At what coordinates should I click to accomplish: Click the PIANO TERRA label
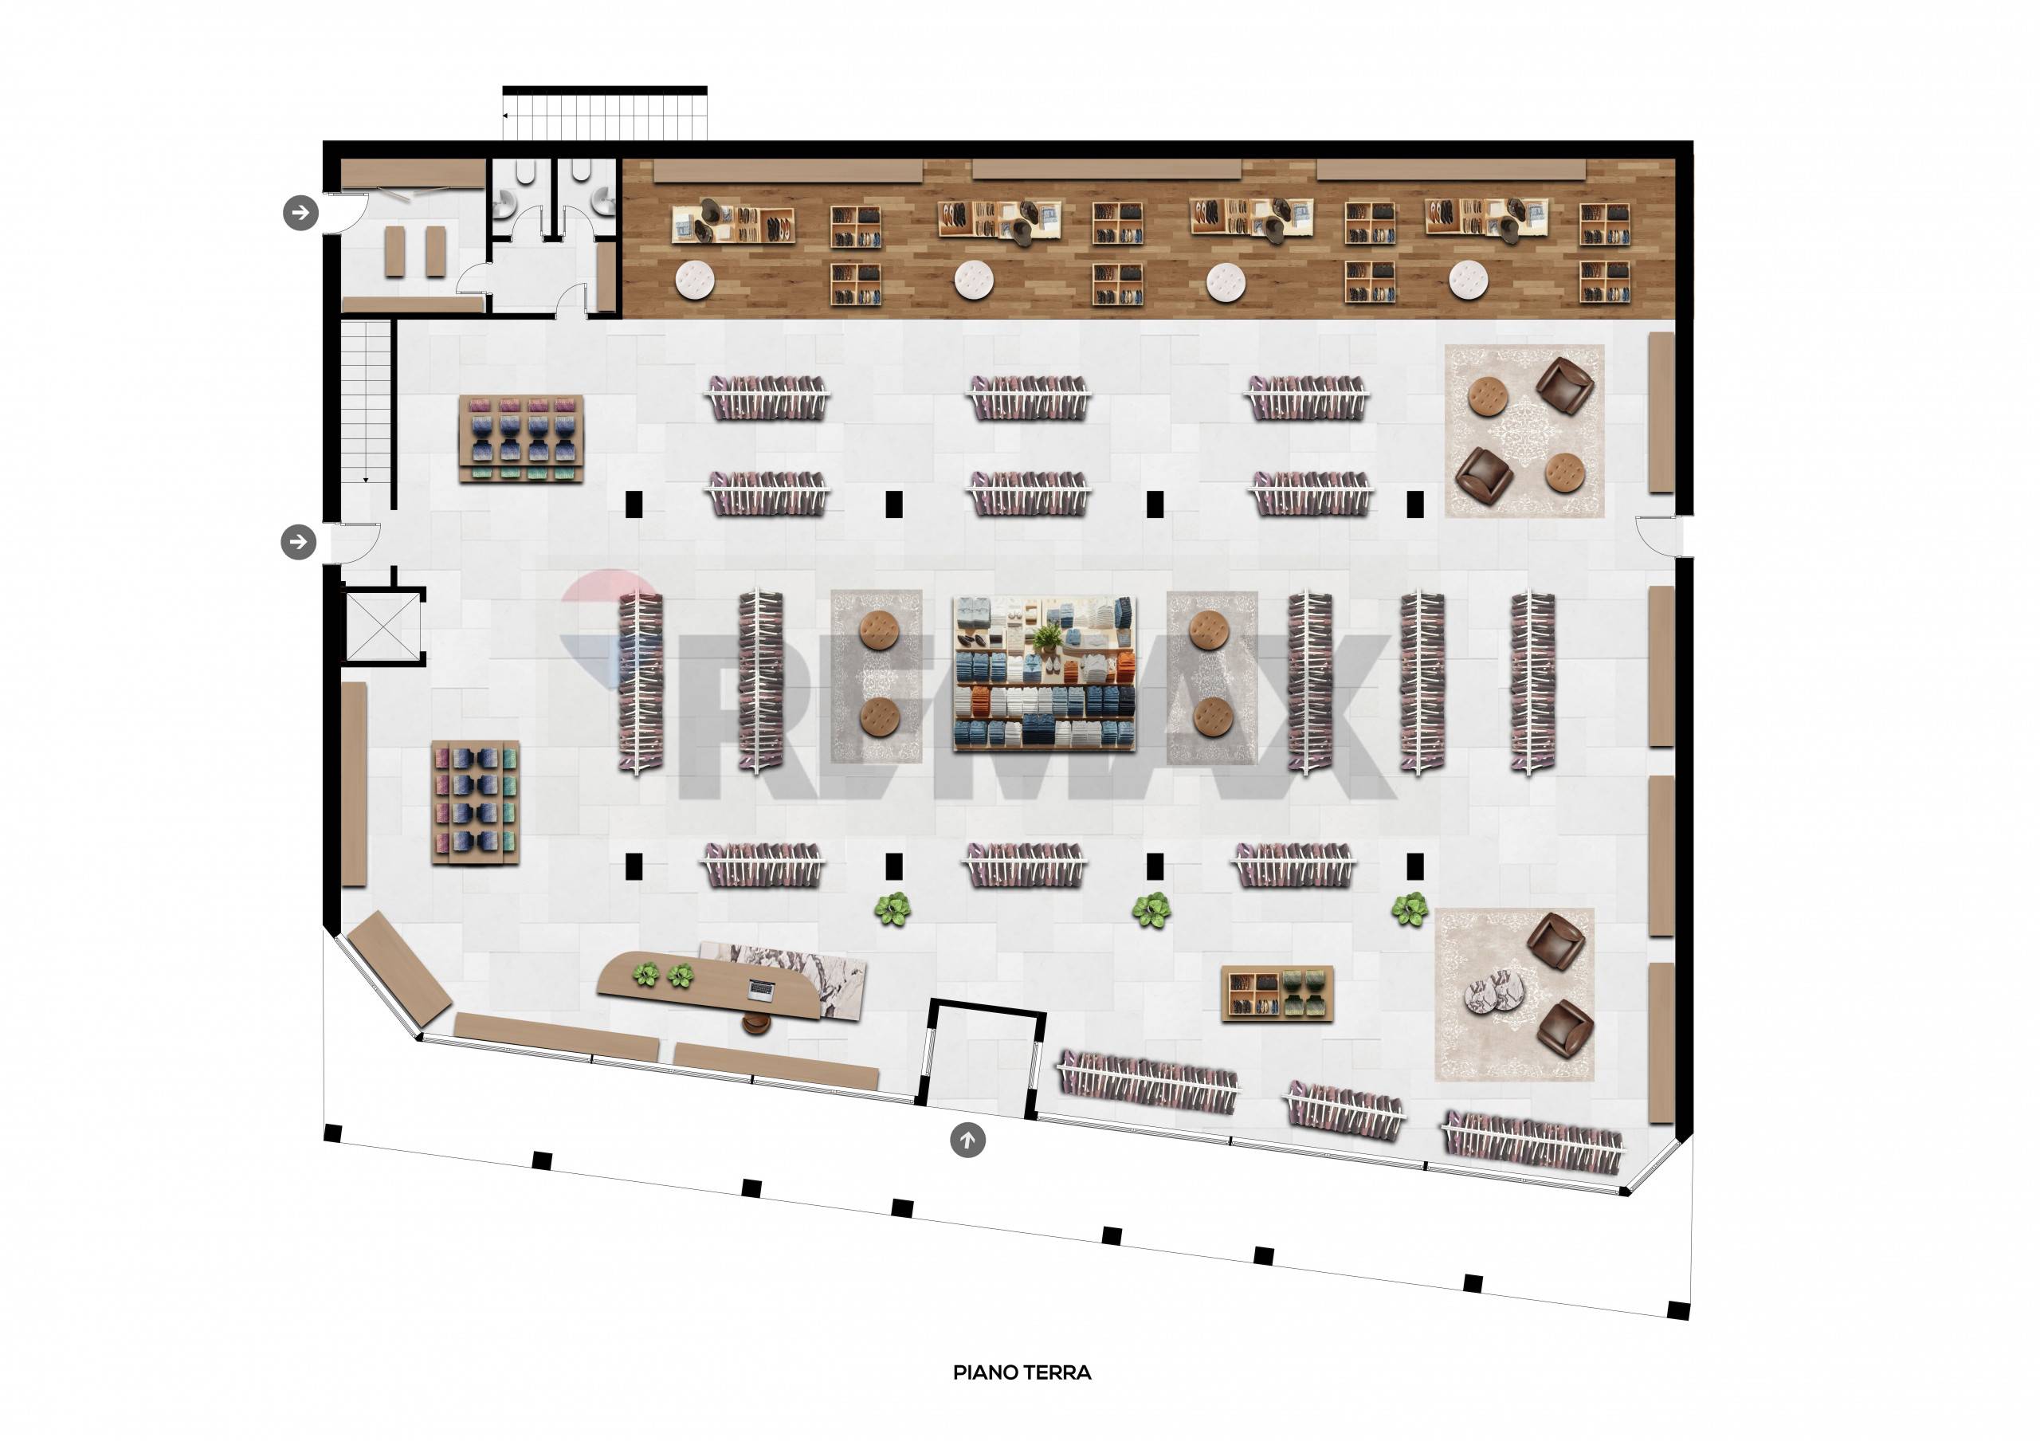click(1022, 1372)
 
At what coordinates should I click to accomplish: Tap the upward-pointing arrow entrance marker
click(967, 1139)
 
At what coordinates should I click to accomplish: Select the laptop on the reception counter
click(762, 988)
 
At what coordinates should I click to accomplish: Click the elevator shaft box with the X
click(381, 627)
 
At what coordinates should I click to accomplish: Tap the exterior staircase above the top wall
click(605, 114)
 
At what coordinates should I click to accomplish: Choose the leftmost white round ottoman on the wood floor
click(695, 280)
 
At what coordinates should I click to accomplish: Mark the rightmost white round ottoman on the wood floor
click(1469, 281)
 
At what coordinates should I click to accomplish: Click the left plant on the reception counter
click(647, 975)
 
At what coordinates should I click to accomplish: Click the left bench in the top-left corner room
click(395, 250)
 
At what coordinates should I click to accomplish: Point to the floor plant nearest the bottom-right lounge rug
click(1409, 909)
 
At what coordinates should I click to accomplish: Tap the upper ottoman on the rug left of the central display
click(881, 630)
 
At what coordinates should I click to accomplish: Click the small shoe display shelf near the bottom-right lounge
click(1277, 993)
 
